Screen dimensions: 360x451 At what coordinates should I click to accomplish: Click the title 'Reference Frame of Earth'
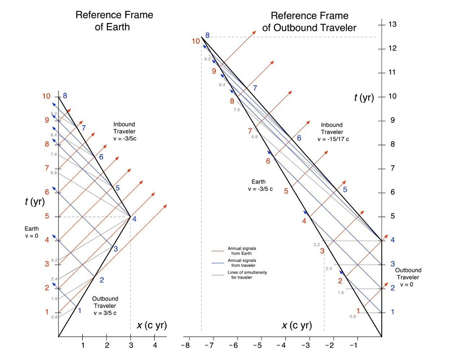click(x=114, y=21)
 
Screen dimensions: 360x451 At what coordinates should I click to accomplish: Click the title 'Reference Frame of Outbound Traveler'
click(x=309, y=22)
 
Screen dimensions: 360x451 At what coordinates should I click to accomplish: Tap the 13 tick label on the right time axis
click(x=392, y=24)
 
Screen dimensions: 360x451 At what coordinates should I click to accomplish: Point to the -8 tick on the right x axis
click(x=185, y=345)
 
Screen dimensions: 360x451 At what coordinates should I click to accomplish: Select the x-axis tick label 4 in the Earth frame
click(x=154, y=345)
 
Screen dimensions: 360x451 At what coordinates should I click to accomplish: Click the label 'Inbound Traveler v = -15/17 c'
click(x=333, y=132)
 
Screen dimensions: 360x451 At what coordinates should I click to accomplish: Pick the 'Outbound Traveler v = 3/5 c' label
click(x=105, y=306)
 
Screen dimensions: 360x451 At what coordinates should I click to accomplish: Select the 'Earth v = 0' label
click(x=31, y=232)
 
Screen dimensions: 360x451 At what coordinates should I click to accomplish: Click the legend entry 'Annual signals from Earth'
click(x=242, y=251)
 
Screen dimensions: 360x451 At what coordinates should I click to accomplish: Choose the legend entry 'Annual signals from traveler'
click(x=242, y=263)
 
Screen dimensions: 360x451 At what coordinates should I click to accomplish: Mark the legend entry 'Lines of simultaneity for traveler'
click(x=247, y=275)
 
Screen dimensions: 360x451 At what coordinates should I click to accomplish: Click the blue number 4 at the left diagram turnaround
click(x=134, y=219)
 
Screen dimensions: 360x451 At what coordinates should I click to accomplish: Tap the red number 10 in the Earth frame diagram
click(x=46, y=96)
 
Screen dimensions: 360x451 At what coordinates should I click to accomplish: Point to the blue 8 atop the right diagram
click(x=207, y=35)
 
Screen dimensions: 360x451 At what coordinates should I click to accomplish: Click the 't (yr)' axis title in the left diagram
click(x=35, y=201)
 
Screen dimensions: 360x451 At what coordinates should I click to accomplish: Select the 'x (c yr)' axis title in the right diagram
click(x=297, y=325)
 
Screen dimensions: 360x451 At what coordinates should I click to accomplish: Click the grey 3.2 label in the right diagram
click(x=317, y=245)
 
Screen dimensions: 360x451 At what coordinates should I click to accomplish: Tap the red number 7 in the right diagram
click(x=250, y=131)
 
